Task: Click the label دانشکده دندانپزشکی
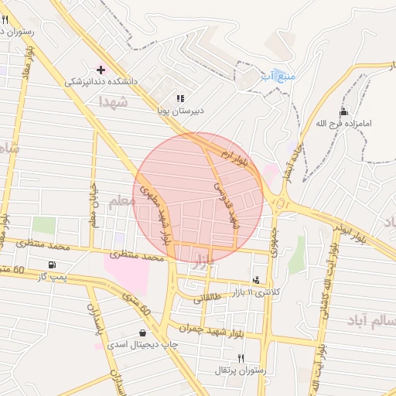(103, 80)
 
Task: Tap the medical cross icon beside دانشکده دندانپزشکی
(101, 69)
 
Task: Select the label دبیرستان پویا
(182, 111)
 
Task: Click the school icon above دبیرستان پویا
(180, 99)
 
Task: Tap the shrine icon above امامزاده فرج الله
(343, 111)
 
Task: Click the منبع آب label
(278, 76)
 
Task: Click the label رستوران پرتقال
(241, 370)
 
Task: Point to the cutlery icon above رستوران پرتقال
(241, 358)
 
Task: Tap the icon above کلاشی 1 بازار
(256, 279)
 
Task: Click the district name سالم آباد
(354, 320)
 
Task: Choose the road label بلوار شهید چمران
(205, 328)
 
